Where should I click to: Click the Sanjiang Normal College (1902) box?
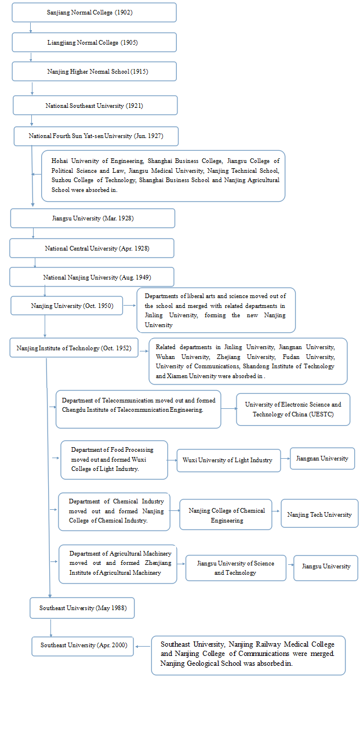(94, 12)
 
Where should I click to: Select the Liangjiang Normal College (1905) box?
(94, 42)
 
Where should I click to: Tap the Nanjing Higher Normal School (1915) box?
(94, 71)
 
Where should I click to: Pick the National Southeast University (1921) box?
(95, 106)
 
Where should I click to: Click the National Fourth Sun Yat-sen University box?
(96, 136)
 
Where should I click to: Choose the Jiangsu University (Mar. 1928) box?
(93, 218)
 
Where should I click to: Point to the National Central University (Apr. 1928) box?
(92, 248)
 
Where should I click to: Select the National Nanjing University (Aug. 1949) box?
(92, 277)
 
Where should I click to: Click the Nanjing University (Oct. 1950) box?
(67, 306)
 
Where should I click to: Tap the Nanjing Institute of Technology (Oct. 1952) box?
(74, 348)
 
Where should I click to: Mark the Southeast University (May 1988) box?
(82, 608)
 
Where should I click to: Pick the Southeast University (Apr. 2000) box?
(83, 645)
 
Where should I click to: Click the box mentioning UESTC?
(293, 409)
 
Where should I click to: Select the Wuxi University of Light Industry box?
(228, 460)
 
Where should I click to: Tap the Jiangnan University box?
(322, 458)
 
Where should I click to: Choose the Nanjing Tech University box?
(319, 514)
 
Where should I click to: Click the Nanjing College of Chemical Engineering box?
(226, 515)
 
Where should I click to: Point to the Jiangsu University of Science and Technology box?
(235, 568)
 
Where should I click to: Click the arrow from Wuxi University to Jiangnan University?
(285, 459)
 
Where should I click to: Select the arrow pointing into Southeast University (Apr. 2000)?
(143, 644)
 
